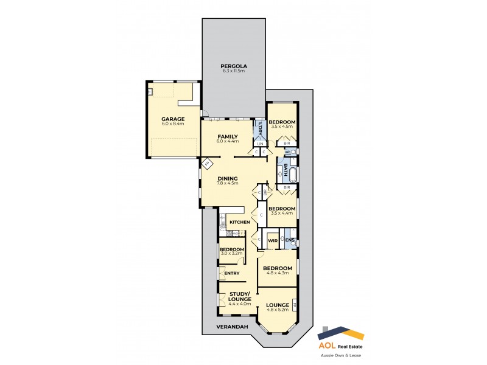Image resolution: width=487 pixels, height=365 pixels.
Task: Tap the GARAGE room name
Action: pyautogui.click(x=173, y=119)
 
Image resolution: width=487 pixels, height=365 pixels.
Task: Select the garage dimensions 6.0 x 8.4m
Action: pyautogui.click(x=173, y=124)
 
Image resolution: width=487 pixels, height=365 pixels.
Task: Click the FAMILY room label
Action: pyautogui.click(x=227, y=136)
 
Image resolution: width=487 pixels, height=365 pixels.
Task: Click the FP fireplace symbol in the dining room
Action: pyautogui.click(x=206, y=164)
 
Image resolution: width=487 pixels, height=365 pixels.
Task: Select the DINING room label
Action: pyautogui.click(x=227, y=178)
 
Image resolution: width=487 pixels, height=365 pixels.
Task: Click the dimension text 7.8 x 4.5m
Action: pyautogui.click(x=227, y=183)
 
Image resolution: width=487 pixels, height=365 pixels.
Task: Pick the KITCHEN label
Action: pyautogui.click(x=240, y=222)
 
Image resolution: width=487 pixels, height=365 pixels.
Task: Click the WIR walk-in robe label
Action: pyautogui.click(x=273, y=240)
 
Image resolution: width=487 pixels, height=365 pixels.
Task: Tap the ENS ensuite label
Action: pyautogui.click(x=290, y=240)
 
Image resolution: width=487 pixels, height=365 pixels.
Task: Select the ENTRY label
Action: pyautogui.click(x=231, y=273)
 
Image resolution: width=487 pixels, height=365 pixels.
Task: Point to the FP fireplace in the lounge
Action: pyautogui.click(x=295, y=304)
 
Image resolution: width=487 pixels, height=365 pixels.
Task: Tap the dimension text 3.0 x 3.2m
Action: pyautogui.click(x=232, y=254)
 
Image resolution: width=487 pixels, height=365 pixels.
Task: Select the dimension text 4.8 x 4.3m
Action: pyautogui.click(x=277, y=273)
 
